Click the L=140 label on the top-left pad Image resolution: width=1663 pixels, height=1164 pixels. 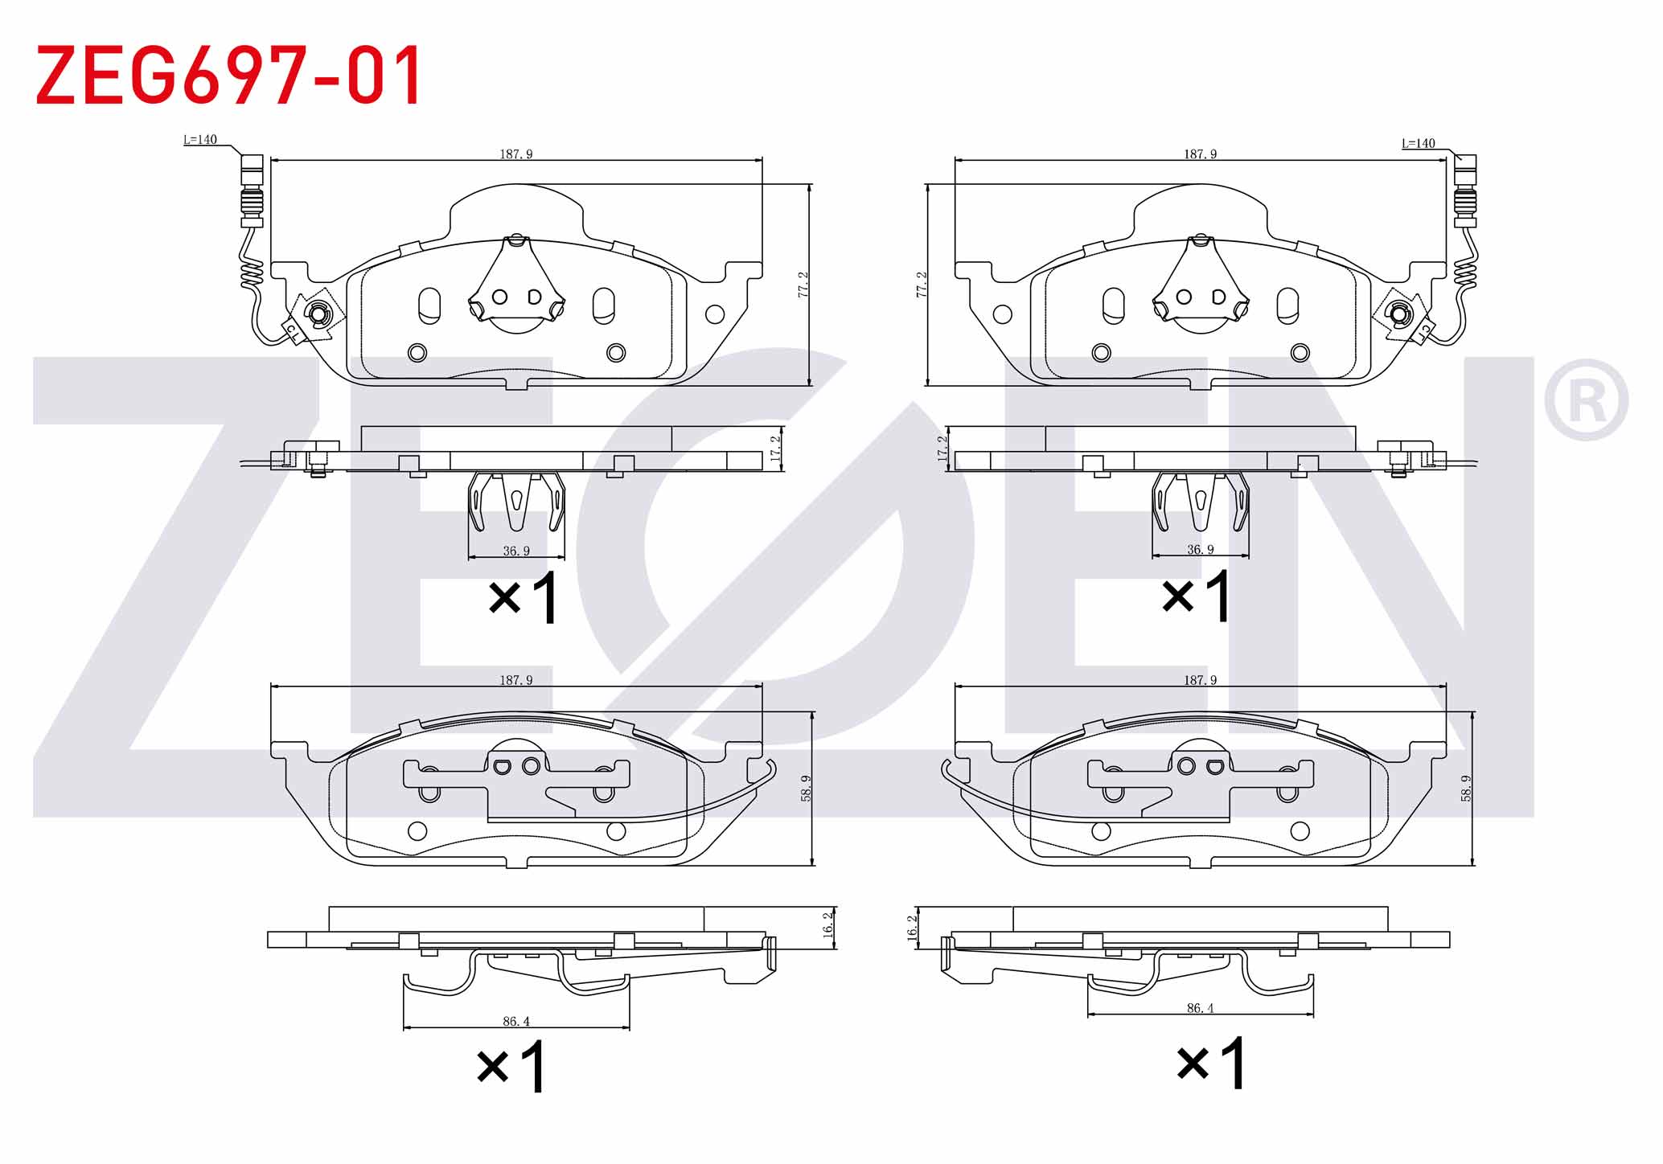200,140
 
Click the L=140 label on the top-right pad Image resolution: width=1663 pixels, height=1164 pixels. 1419,144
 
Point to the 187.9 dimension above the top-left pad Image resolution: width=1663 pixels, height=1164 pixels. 516,154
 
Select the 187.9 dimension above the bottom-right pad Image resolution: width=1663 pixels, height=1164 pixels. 1200,680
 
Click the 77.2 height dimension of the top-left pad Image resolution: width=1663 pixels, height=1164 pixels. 803,285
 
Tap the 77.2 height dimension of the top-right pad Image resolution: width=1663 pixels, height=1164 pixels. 922,285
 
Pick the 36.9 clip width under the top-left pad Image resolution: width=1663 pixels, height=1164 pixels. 516,551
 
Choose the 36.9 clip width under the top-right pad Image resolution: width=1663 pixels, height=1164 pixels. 1200,550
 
